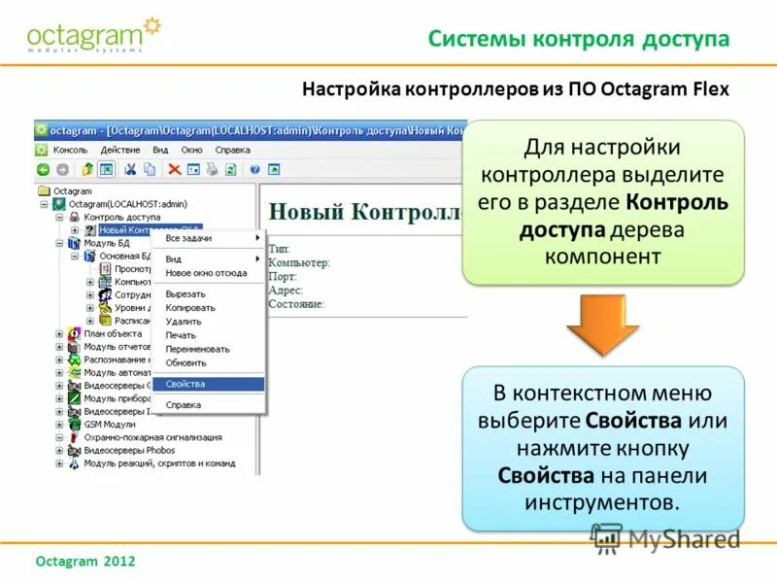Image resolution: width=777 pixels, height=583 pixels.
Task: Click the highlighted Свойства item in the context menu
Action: (x=186, y=384)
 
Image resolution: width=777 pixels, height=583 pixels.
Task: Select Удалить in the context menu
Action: (x=184, y=322)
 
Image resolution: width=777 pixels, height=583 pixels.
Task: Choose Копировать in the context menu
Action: (x=190, y=308)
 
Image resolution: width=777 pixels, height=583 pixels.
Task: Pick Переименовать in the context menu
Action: (x=197, y=349)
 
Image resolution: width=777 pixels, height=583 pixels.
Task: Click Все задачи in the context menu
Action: (x=188, y=238)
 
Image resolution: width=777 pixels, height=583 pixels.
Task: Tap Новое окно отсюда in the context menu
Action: (x=206, y=273)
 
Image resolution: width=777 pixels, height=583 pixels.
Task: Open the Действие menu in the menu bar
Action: (x=120, y=151)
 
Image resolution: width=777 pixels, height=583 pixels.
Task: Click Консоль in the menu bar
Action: (x=71, y=151)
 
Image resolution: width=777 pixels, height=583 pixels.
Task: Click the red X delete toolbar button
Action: (x=174, y=169)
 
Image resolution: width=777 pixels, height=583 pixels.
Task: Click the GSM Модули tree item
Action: (x=110, y=425)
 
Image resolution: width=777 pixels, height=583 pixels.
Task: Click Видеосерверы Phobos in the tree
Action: (x=129, y=450)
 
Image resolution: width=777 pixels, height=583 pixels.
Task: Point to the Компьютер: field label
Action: (x=299, y=262)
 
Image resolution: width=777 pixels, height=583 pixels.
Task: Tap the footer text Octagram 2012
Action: (x=84, y=562)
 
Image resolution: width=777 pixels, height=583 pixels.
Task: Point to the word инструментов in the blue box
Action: (x=599, y=502)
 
